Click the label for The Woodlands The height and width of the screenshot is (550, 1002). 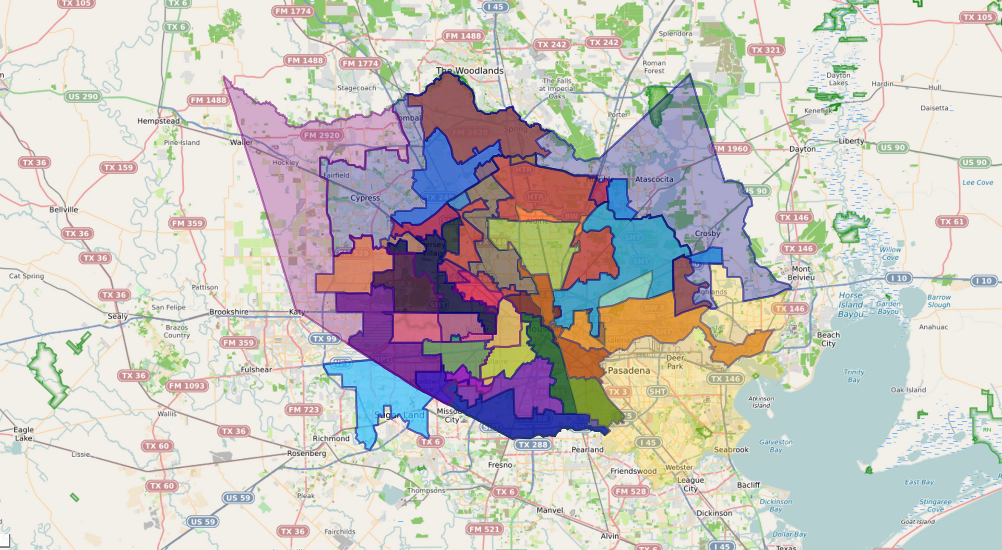470,70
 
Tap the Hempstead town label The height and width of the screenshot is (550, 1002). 158,121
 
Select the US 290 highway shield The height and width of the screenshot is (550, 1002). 83,96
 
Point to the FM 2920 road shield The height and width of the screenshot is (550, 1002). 322,135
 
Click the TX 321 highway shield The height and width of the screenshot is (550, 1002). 766,50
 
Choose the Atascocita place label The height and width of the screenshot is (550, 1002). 654,179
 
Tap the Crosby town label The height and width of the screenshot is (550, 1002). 707,234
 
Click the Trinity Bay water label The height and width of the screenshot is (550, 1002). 854,376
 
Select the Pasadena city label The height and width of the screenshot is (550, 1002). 629,371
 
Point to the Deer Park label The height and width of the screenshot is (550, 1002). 675,362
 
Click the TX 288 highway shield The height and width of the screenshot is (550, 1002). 532,445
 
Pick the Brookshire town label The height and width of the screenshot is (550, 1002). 229,312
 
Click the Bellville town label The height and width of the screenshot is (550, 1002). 64,210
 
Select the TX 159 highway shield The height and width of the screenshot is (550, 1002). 118,167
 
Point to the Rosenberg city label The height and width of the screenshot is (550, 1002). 306,454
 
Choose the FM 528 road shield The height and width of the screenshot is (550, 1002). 630,491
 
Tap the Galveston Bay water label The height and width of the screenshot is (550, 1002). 776,446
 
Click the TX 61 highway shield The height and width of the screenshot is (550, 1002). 952,222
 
